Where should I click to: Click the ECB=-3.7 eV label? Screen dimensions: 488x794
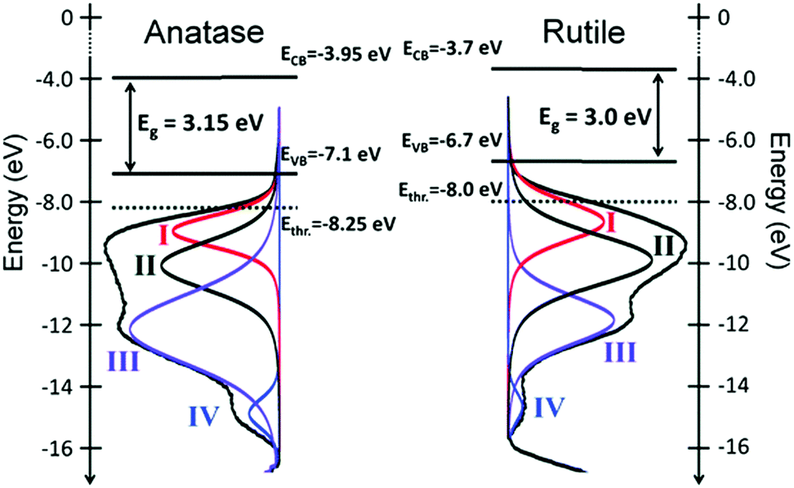click(x=452, y=47)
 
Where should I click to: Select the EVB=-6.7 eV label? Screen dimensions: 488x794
click(x=451, y=140)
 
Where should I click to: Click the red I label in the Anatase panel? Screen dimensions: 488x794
click(x=163, y=237)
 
